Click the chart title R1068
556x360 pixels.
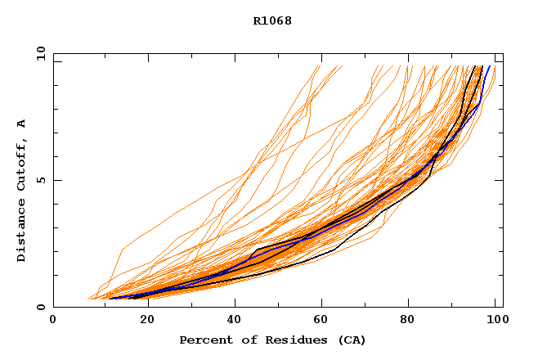[x=272, y=20]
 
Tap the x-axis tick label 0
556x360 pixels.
[x=53, y=321]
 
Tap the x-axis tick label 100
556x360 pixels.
[x=495, y=321]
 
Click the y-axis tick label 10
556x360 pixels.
[x=39, y=53]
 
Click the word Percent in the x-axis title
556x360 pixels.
[x=202, y=340]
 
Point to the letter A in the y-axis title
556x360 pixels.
[x=21, y=124]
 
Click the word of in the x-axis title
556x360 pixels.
[x=238, y=340]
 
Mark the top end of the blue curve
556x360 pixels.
[x=490, y=66]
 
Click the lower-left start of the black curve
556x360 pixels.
[x=129, y=299]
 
